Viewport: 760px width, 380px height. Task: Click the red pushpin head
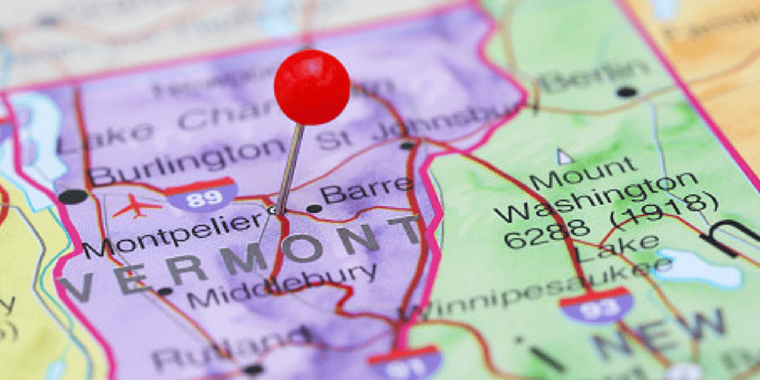(312, 87)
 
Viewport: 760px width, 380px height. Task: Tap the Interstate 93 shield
(595, 306)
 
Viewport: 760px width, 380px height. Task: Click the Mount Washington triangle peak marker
(564, 157)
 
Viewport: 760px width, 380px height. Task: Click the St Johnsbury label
(407, 129)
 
